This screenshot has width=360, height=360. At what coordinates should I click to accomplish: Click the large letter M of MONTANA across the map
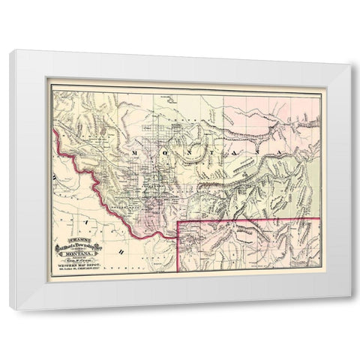pos(136,151)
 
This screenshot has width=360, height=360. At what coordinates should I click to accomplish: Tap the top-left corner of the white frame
pos(10,51)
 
